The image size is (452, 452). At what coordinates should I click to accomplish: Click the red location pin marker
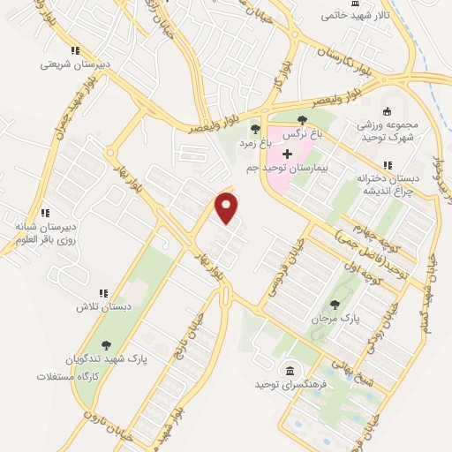coord(228,208)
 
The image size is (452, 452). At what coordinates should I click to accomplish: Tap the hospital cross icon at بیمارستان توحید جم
coord(287,154)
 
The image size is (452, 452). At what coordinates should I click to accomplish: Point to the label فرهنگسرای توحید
coord(279,385)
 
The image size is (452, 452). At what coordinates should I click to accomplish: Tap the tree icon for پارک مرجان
coord(333,304)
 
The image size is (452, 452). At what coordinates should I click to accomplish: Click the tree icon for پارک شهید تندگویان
coord(106,346)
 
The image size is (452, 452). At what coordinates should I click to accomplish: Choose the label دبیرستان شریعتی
coord(76,64)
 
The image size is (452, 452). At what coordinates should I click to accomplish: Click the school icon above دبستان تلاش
coord(103,293)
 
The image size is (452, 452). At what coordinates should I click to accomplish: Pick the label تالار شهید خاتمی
coord(350,15)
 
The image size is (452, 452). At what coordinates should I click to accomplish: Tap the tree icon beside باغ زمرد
coord(255,129)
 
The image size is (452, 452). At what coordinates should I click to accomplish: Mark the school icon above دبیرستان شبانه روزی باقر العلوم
coord(45,212)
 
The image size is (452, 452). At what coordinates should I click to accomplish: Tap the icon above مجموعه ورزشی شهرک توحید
coord(387,111)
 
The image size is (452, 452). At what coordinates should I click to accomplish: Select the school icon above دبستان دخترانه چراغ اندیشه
coord(387,165)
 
